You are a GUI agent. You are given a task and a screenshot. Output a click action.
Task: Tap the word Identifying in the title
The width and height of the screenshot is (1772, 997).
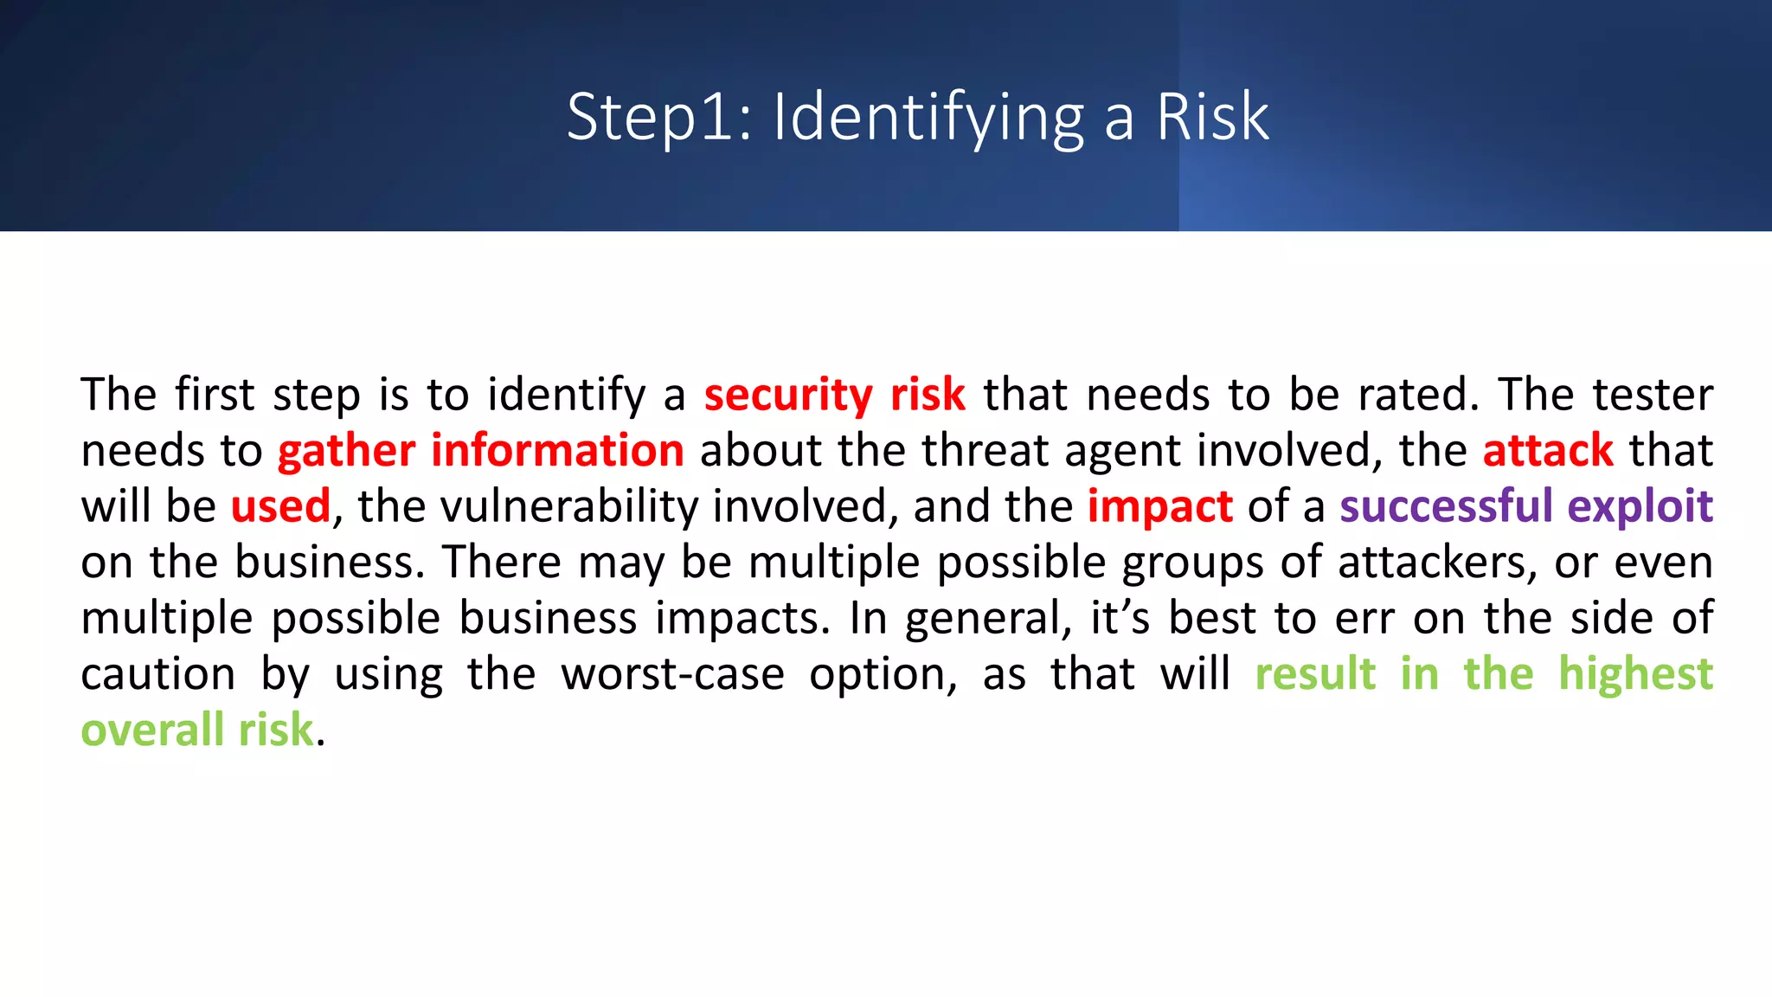928,117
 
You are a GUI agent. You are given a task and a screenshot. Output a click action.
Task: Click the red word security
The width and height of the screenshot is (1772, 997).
788,395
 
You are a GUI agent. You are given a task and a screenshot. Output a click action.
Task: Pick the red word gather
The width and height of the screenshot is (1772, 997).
346,451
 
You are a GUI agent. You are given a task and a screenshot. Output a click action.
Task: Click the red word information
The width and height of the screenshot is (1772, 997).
557,451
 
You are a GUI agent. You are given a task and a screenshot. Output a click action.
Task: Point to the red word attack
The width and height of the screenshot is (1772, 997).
1548,451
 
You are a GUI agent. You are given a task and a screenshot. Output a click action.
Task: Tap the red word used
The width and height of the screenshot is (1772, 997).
280,506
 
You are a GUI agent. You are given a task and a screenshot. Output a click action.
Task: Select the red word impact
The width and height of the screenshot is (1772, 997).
1159,506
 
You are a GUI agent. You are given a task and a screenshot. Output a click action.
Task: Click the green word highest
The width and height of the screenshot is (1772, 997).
1635,674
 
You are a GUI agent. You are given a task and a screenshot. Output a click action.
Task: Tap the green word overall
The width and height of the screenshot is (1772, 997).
152,730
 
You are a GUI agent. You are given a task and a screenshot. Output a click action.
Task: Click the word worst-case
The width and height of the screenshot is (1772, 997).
672,674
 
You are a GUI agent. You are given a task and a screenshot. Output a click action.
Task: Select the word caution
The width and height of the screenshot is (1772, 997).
157,674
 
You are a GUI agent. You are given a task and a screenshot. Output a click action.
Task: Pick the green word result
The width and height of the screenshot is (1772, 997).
1315,674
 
